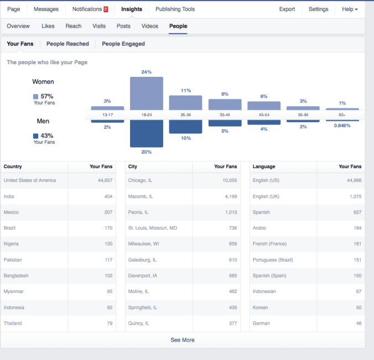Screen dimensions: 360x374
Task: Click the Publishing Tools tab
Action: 174,9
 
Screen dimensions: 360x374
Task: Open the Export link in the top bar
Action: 287,9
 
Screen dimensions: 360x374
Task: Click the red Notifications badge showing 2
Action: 106,9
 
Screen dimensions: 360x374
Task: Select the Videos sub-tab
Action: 149,26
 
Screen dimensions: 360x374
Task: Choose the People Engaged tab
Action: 123,44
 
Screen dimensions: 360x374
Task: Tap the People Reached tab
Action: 67,44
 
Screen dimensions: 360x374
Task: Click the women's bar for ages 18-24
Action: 147,93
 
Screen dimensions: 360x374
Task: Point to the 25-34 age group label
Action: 186,116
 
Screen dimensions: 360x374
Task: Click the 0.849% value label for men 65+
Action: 342,126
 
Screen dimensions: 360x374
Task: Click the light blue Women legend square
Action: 36,96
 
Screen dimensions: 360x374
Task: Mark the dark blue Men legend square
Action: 36,136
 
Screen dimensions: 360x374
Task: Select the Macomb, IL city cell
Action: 141,196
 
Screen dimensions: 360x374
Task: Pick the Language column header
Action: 264,166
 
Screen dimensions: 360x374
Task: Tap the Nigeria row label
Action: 12,244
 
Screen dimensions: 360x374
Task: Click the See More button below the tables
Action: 183,340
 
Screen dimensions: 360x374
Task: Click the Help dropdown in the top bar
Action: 350,9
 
